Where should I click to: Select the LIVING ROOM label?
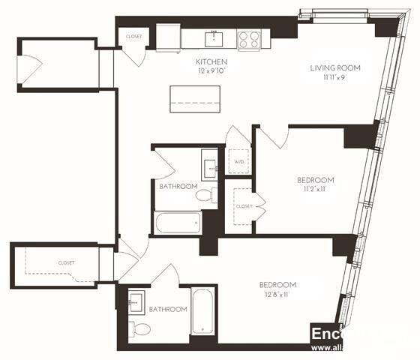click(335, 68)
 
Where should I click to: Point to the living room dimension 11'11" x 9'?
click(335, 77)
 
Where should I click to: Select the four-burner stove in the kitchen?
click(248, 38)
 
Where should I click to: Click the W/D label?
click(239, 162)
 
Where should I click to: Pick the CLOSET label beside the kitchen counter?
click(134, 36)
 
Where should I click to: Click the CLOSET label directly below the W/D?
click(244, 205)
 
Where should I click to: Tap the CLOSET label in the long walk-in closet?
click(67, 263)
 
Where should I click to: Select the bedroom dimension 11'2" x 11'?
click(315, 190)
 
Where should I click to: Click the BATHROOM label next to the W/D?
click(178, 186)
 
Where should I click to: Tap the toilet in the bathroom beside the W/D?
click(205, 196)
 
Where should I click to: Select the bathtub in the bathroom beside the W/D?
click(178, 223)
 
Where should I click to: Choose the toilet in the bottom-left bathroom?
click(139, 329)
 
